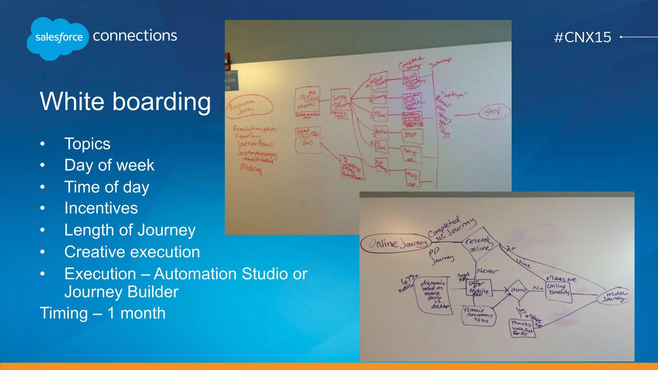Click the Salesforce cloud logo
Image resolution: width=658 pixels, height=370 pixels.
[58, 38]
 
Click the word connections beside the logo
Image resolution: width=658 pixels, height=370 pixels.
[135, 36]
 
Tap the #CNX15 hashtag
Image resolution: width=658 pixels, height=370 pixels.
[582, 37]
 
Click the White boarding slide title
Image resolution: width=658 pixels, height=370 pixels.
[125, 101]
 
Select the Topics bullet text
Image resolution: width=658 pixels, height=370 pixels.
[87, 144]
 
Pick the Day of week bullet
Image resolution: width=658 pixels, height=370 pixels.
[109, 165]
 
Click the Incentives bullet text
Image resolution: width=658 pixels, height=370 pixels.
[101, 208]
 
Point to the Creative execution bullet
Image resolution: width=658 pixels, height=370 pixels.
[132, 252]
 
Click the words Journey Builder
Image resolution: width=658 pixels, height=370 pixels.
[121, 292]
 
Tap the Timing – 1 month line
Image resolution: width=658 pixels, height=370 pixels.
[102, 313]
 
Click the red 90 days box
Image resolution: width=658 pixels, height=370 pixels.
[307, 99]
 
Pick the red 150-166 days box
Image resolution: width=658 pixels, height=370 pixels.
[308, 140]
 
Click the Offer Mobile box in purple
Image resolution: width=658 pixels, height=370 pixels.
[479, 288]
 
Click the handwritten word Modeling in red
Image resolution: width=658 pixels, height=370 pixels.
[251, 168]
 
